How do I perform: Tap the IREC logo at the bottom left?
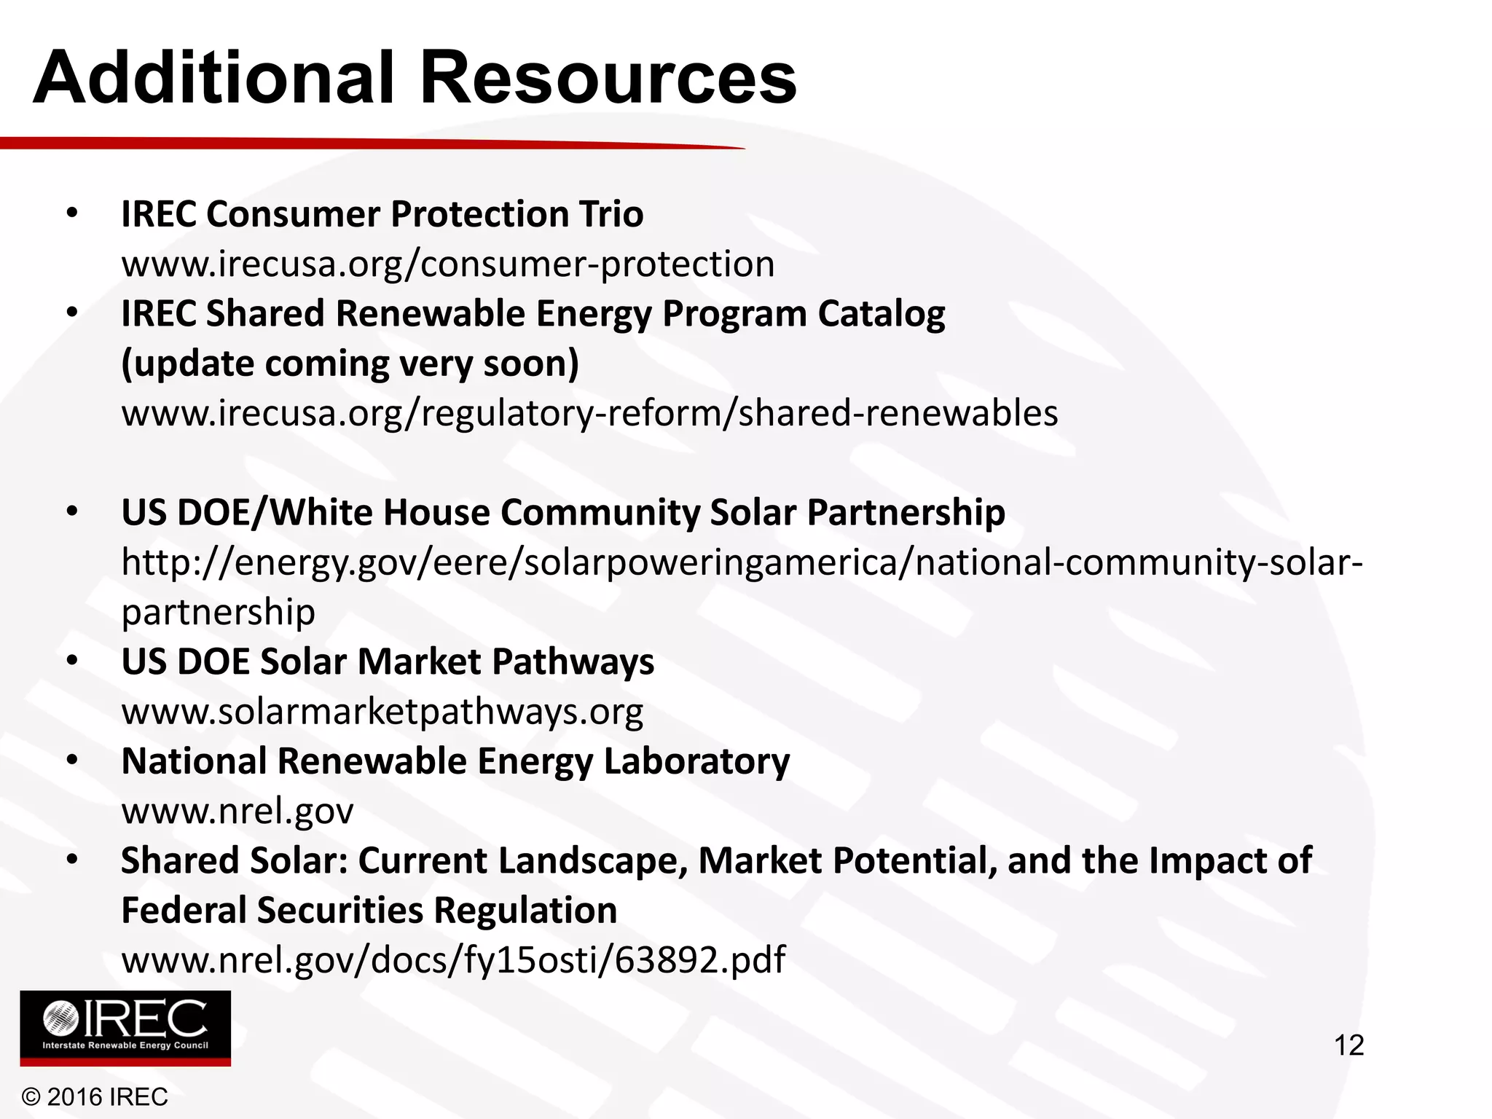[x=125, y=1028]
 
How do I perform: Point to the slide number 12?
[x=1348, y=1045]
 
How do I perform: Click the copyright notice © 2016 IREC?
[x=95, y=1096]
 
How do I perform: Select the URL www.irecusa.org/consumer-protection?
[x=448, y=264]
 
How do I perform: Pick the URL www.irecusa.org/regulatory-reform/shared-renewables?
[x=589, y=413]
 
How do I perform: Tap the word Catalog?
[x=881, y=314]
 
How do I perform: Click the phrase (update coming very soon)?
[x=350, y=364]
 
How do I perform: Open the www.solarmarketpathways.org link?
[x=382, y=712]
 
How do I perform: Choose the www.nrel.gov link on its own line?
[x=237, y=811]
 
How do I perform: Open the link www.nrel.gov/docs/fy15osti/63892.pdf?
[x=453, y=960]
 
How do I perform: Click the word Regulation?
[x=525, y=911]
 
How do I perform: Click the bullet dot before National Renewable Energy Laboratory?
[x=71, y=760]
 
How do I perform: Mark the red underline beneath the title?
[x=364, y=143]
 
